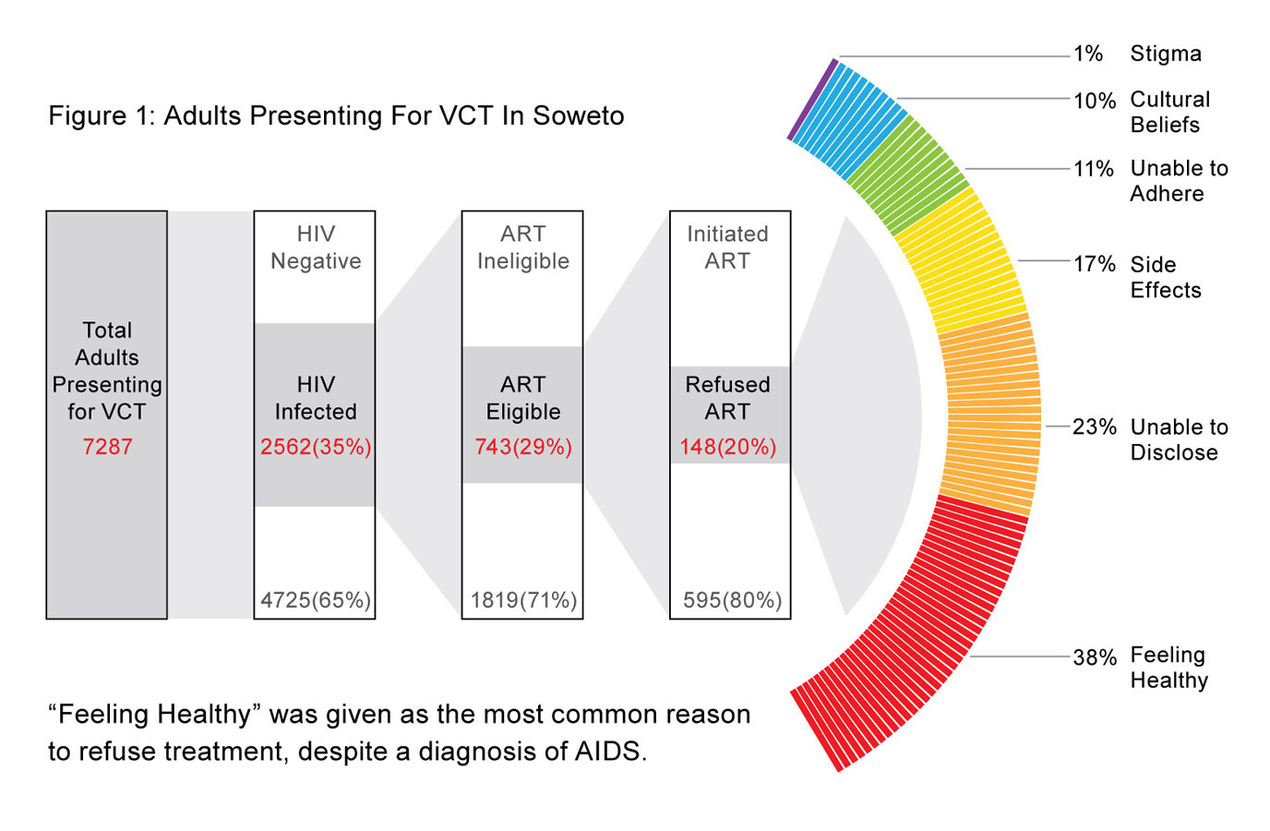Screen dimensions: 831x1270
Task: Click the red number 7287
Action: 107,447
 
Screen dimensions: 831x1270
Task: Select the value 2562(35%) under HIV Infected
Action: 316,447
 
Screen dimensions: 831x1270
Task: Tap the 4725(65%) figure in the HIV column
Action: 316,600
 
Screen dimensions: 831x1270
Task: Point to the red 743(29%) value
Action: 523,447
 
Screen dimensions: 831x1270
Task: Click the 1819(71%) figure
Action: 523,600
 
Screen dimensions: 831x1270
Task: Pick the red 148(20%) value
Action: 728,447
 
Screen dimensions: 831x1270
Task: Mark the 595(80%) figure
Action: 732,600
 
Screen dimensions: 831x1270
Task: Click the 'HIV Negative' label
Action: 316,247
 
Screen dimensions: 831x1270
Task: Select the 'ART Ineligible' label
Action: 523,247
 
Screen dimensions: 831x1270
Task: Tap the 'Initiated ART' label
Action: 728,247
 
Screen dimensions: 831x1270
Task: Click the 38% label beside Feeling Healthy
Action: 1095,657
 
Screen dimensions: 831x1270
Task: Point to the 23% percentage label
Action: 1095,427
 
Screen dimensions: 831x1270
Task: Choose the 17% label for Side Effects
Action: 1095,264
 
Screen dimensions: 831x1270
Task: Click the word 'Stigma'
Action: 1166,54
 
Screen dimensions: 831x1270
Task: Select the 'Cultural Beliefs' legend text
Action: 1169,112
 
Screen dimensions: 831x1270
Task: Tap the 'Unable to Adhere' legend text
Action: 1179,181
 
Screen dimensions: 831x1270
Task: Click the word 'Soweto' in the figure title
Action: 579,115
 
